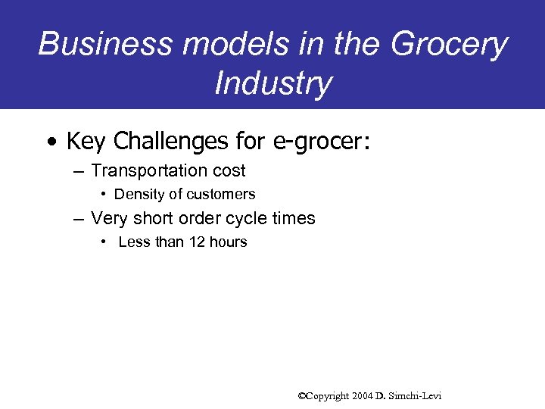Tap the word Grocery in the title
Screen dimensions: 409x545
click(449, 44)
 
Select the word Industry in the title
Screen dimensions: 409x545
click(272, 83)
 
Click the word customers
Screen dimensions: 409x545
click(220, 195)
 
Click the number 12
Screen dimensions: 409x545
click(191, 242)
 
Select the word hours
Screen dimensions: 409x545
click(227, 242)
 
